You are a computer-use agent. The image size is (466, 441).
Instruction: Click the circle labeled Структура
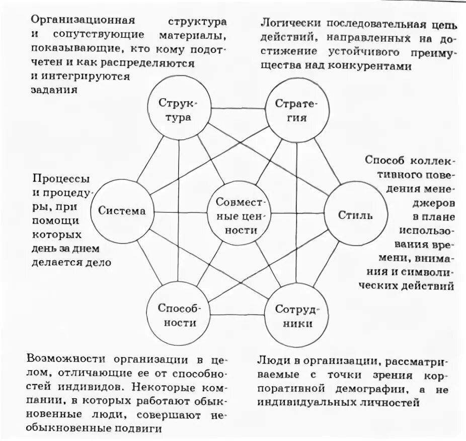(178, 110)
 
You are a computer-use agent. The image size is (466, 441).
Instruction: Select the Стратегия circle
(297, 110)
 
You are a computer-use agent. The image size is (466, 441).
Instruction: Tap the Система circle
(122, 211)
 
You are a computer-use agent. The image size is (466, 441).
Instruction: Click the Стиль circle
(355, 215)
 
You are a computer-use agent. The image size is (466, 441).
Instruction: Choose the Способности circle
(179, 315)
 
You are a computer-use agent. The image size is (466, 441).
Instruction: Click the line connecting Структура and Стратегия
(238, 108)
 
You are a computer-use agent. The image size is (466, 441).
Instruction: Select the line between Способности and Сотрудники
(237, 316)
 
